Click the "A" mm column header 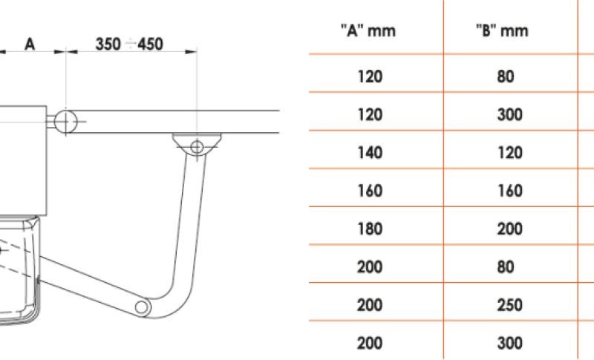pyautogui.click(x=368, y=30)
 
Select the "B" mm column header pyautogui.click(x=503, y=30)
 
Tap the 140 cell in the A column pyautogui.click(x=370, y=153)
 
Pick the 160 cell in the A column pyautogui.click(x=370, y=191)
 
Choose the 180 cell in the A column pyautogui.click(x=370, y=229)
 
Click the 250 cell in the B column pyautogui.click(x=510, y=305)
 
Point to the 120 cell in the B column pyautogui.click(x=510, y=153)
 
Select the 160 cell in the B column pyautogui.click(x=510, y=191)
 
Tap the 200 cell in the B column pyautogui.click(x=510, y=229)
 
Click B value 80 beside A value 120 pyautogui.click(x=506, y=76)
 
